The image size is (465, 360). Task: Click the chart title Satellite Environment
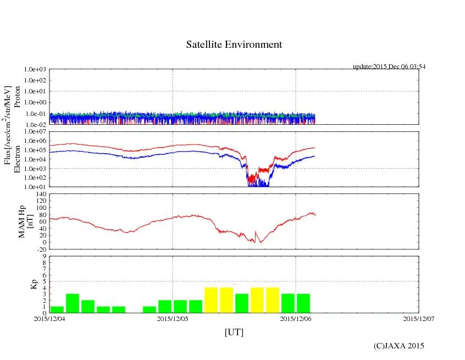234,45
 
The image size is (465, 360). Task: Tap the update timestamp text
389,67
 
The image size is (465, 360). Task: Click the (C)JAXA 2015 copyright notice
398,346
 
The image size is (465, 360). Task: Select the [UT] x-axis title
234,332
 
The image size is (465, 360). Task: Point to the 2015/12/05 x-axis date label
173,318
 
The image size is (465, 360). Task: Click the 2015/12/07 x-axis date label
418,318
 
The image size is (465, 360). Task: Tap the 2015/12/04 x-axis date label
49,318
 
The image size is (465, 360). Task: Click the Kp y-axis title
34,284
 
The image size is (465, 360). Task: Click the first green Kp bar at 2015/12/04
57,309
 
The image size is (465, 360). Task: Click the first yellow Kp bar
211,300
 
